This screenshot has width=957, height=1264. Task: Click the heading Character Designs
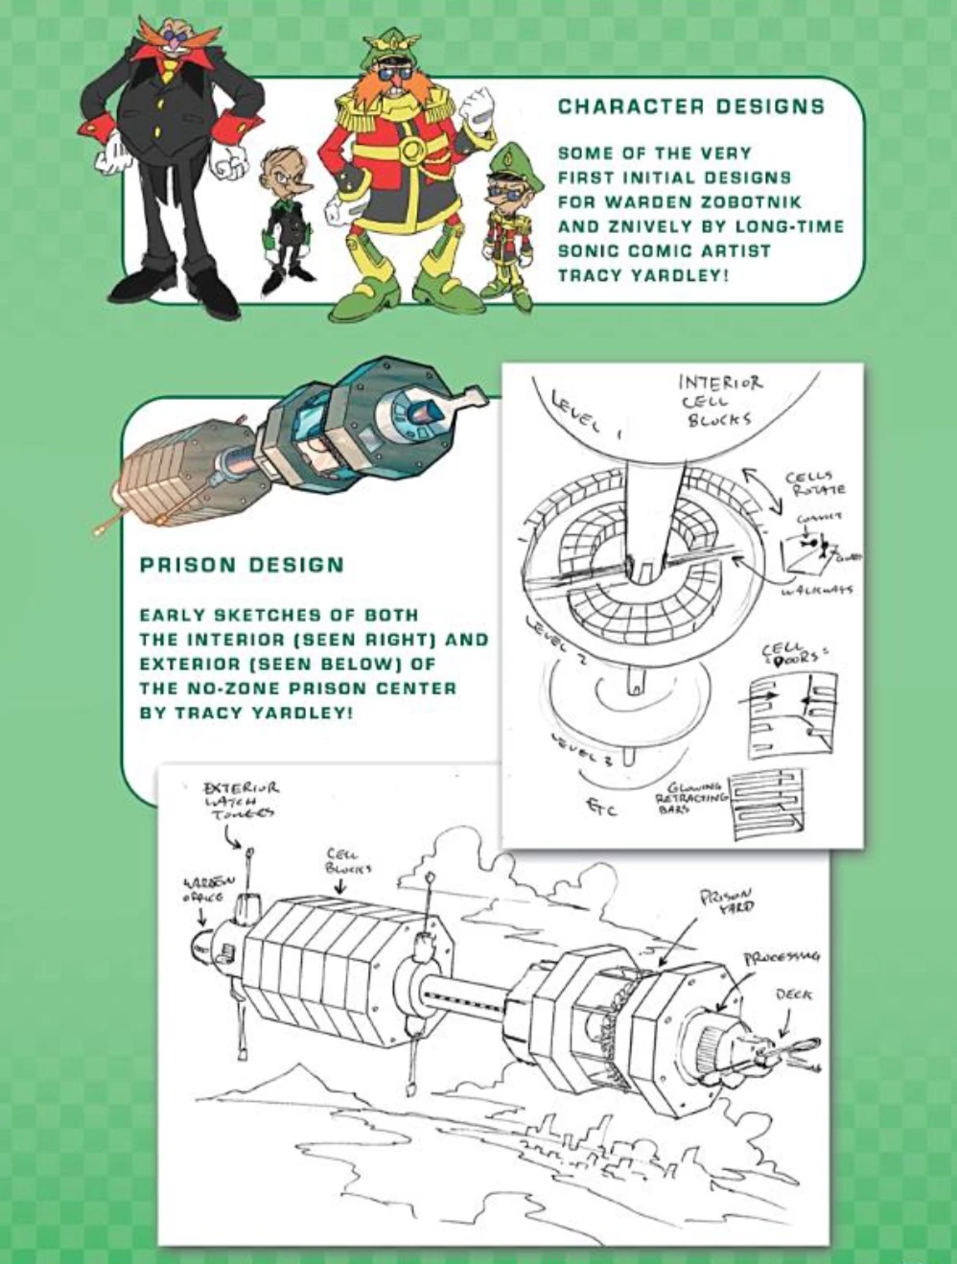(690, 106)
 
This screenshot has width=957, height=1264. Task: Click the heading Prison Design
(242, 565)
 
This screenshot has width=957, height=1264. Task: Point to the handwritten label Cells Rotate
(815, 483)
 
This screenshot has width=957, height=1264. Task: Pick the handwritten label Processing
(782, 957)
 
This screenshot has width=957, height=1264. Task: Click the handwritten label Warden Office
(203, 889)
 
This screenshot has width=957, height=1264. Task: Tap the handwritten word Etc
(602, 809)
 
